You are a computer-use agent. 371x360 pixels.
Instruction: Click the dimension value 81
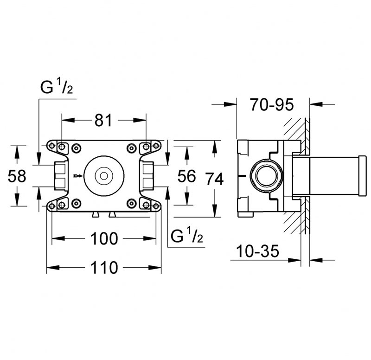coord(103,120)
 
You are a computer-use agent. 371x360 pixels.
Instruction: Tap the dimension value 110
coord(104,268)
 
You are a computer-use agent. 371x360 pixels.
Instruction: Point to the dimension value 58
coord(18,176)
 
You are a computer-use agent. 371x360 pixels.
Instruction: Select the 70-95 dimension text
coord(272,105)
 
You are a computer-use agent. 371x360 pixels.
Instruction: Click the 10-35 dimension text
coord(257,252)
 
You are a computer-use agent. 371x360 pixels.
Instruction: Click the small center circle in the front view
coord(103,176)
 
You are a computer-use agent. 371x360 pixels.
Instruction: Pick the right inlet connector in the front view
coord(147,175)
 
